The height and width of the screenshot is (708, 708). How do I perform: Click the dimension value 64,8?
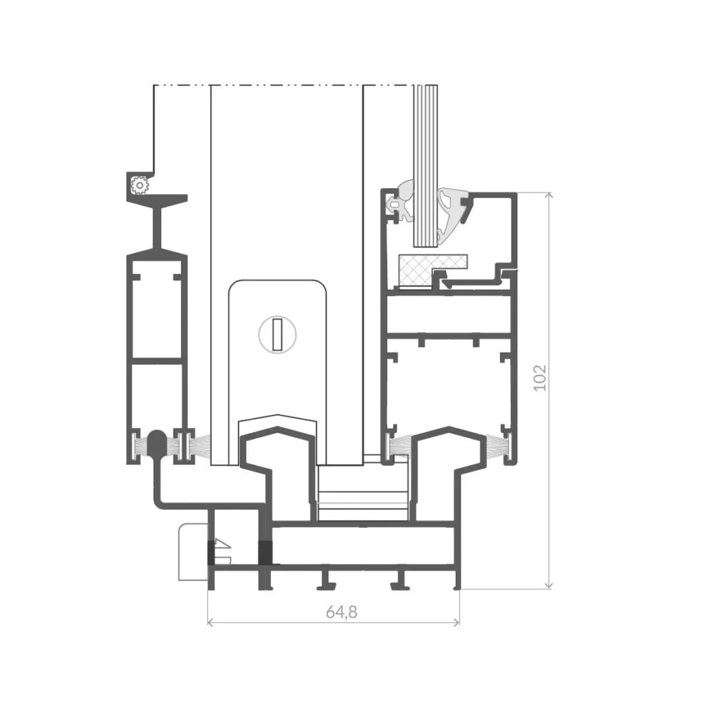click(x=342, y=613)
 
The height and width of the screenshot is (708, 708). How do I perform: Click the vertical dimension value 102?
click(x=540, y=378)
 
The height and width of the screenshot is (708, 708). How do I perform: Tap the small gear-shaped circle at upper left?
click(x=139, y=185)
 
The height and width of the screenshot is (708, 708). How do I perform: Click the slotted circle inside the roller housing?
click(x=277, y=335)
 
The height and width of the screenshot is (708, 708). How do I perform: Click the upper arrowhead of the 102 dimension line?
click(x=548, y=196)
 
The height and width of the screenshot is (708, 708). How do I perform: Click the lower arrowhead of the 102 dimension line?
click(x=548, y=585)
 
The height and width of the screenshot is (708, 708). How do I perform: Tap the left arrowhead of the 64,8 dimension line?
click(x=210, y=623)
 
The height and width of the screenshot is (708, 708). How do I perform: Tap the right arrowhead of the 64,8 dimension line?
click(x=456, y=623)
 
